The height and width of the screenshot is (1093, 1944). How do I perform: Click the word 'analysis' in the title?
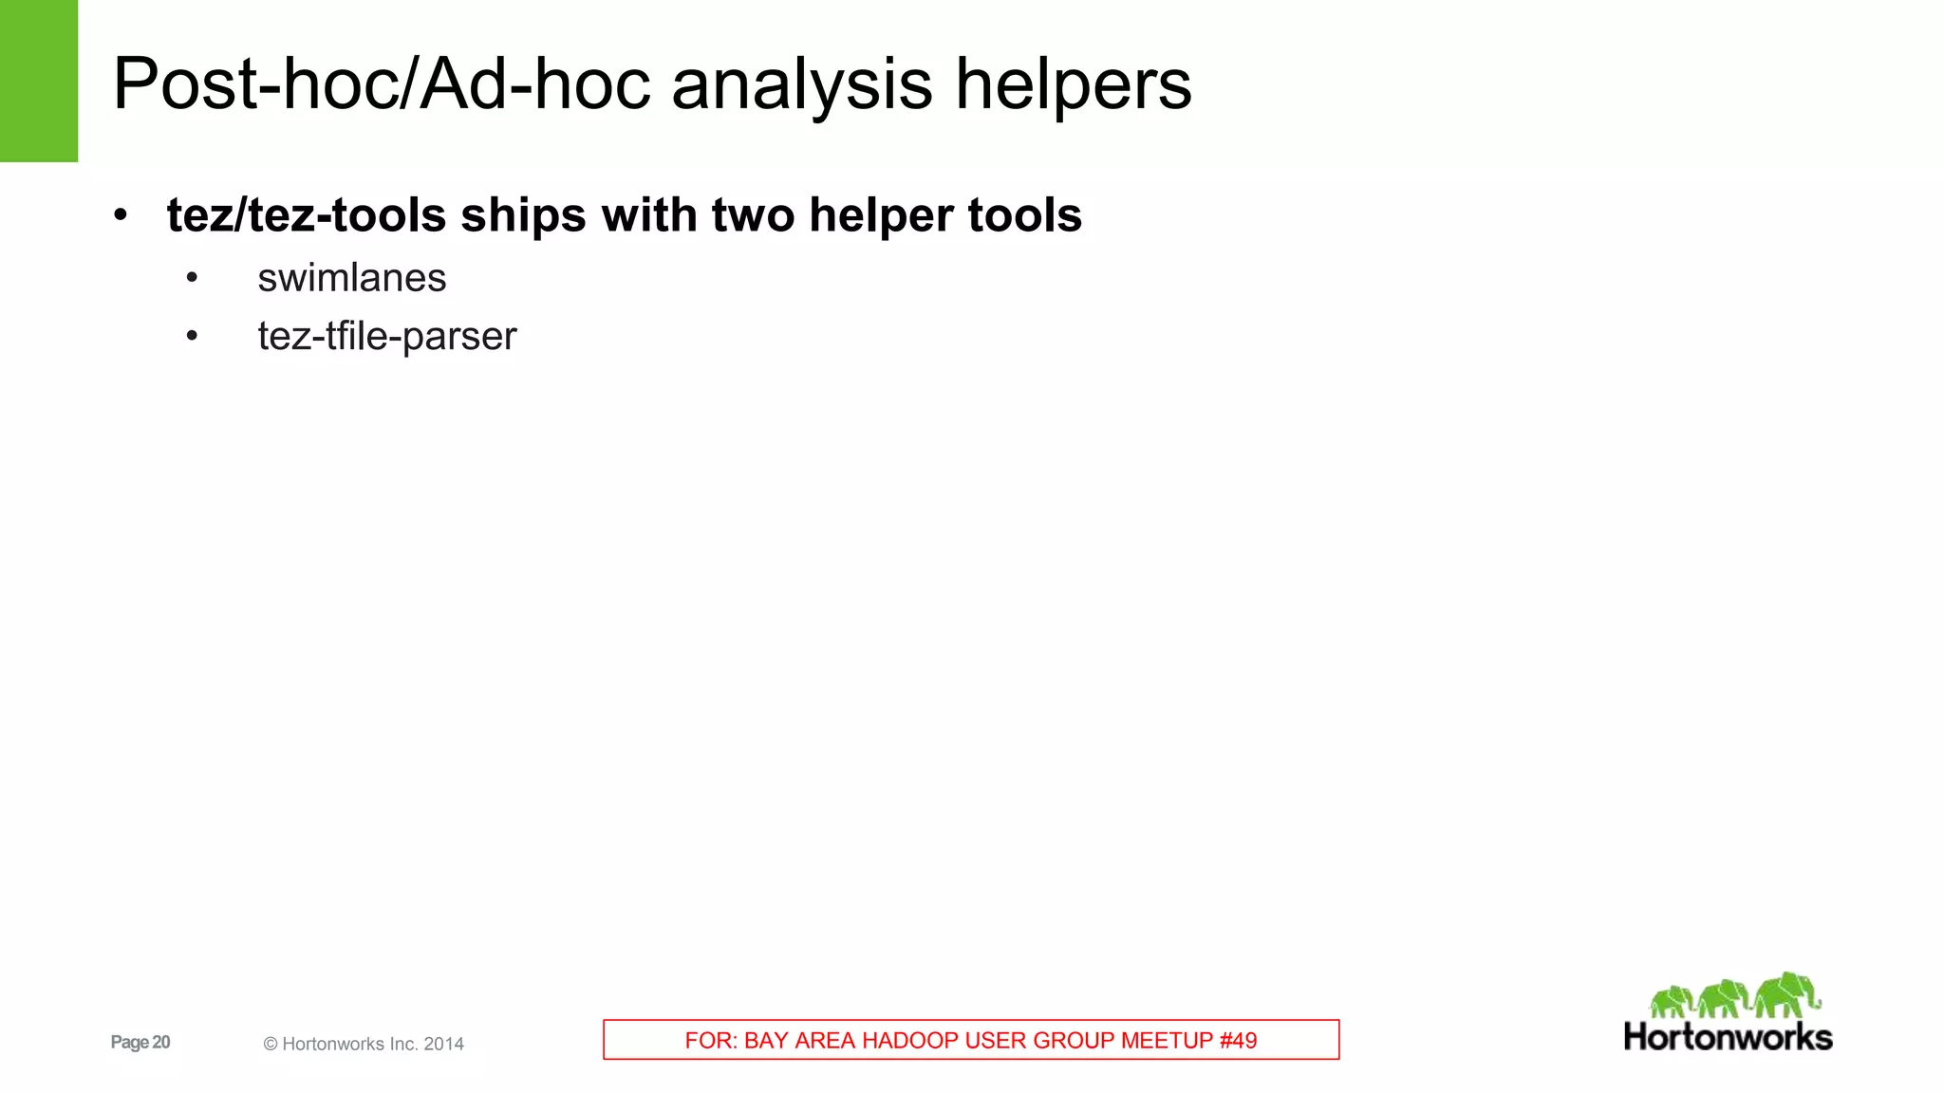click(802, 84)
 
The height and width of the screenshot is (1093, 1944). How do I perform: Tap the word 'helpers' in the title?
click(1073, 84)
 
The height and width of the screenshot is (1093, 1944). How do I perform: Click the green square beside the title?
click(39, 81)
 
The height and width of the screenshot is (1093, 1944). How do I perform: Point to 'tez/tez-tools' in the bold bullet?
click(306, 215)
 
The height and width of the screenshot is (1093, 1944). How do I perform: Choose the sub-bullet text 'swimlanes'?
click(351, 278)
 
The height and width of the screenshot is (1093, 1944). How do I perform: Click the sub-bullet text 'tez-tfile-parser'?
click(386, 336)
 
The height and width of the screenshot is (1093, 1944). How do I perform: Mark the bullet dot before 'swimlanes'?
click(193, 278)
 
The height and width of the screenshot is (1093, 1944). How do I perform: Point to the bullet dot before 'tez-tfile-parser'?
click(193, 336)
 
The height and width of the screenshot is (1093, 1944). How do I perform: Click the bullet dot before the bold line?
click(120, 215)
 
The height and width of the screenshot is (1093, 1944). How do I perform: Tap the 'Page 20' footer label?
click(140, 1042)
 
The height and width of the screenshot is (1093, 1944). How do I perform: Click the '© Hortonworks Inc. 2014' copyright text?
click(364, 1044)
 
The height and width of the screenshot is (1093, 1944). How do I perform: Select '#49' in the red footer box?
click(1238, 1040)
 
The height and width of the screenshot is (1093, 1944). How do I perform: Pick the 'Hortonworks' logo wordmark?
click(1728, 1036)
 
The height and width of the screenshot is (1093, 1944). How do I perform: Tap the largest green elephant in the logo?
click(1786, 994)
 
